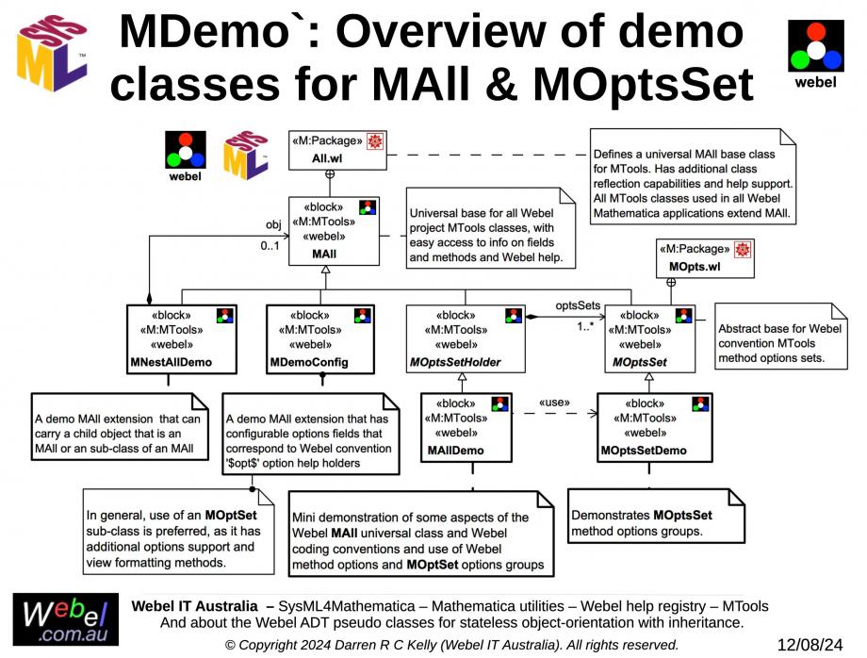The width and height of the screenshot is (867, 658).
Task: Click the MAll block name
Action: (324, 255)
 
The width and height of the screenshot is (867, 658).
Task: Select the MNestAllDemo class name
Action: (169, 362)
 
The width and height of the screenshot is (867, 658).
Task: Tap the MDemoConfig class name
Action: (308, 362)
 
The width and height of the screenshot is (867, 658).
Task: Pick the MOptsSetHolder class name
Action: (456, 362)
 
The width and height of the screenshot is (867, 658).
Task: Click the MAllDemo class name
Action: (455, 450)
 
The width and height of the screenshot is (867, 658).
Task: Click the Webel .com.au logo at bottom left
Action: (65, 619)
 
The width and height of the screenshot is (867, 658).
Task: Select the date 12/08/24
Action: (810, 645)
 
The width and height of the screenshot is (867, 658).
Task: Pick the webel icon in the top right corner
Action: (816, 51)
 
